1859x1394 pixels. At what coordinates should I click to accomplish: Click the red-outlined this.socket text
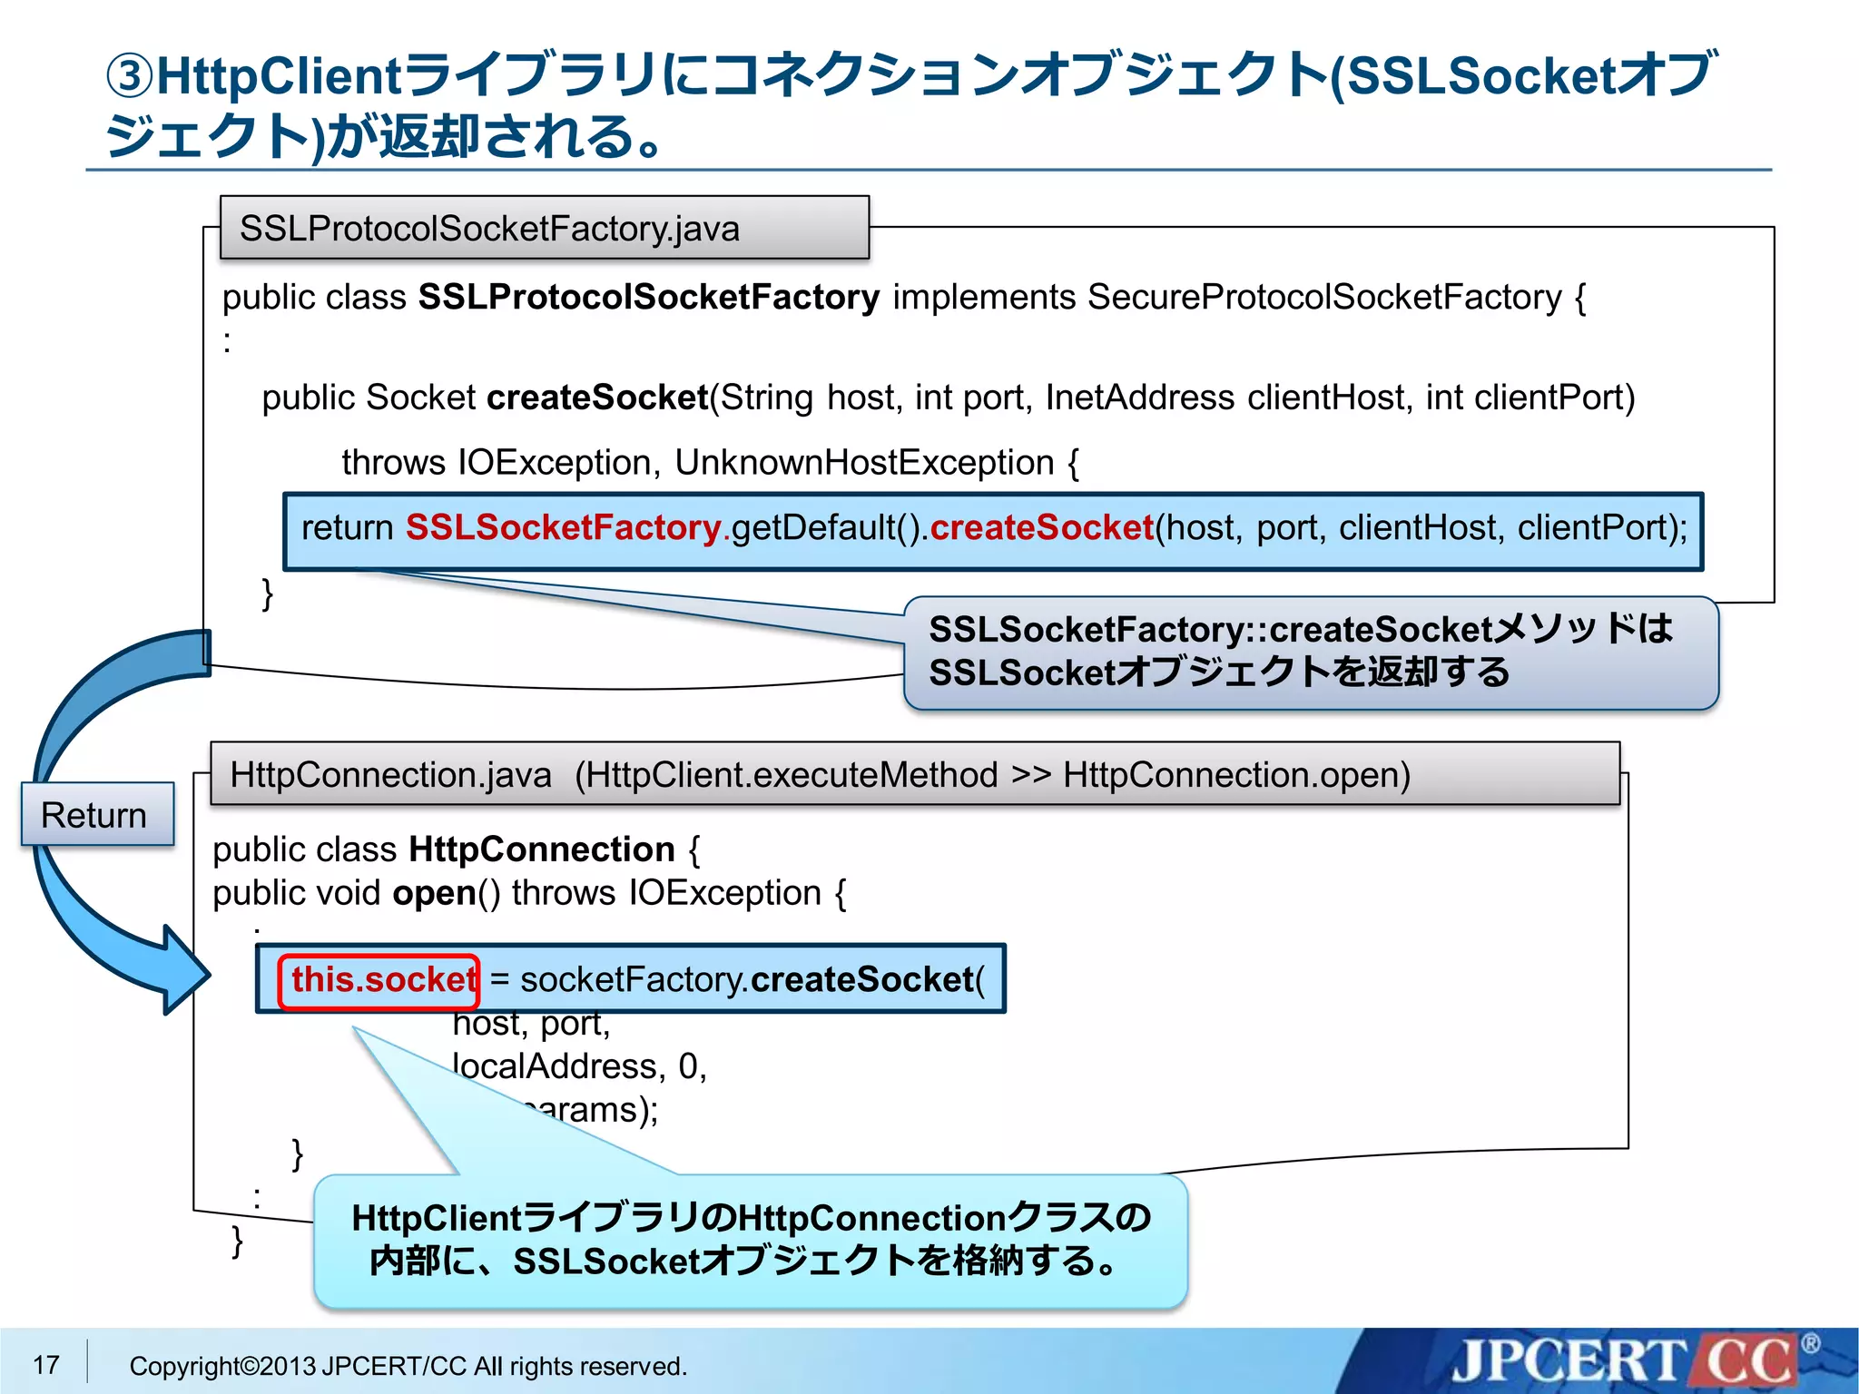tap(379, 980)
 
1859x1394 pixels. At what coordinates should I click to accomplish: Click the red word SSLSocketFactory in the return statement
tap(563, 528)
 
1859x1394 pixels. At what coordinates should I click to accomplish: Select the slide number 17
tap(45, 1365)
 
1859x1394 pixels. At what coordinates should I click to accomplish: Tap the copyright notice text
tap(408, 1366)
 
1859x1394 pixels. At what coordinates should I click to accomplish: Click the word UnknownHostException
tap(863, 463)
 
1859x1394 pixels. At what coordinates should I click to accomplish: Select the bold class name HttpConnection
tap(542, 849)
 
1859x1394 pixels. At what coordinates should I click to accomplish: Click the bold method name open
tap(434, 893)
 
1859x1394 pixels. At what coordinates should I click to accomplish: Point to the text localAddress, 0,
tap(579, 1066)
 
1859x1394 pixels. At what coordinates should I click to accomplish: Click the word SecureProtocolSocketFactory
tap(1324, 298)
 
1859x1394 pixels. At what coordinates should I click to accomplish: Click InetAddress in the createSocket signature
tap(1139, 398)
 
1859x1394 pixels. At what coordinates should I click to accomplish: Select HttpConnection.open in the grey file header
tap(1235, 775)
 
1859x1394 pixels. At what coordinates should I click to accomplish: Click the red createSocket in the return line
tap(1041, 528)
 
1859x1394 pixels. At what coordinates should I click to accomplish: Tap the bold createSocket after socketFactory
tap(861, 980)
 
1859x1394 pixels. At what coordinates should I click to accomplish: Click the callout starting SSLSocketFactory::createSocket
tap(1310, 652)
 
